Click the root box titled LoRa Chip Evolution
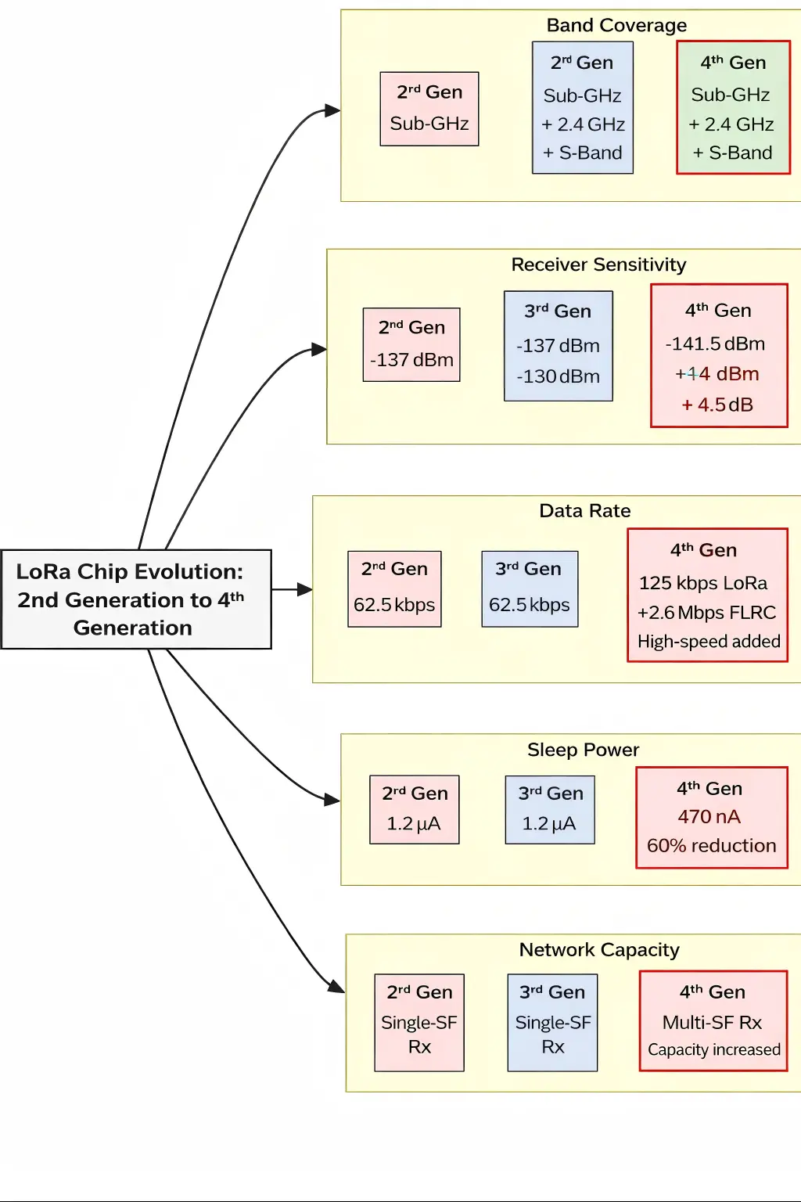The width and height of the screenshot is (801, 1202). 136,599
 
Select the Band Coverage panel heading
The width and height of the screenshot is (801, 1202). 616,26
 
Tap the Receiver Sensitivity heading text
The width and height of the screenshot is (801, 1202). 598,265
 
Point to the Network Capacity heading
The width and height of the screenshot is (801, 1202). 599,950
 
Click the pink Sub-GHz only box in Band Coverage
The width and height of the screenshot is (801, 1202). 429,109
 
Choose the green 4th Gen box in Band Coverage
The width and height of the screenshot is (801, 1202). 733,107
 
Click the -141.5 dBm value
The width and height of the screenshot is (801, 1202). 715,344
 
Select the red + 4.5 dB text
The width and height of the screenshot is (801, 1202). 717,405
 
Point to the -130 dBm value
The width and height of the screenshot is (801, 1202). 558,376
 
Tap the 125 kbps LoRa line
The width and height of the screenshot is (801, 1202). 703,583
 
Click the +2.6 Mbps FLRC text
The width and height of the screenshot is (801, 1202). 706,613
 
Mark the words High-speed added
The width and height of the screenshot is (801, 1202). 709,642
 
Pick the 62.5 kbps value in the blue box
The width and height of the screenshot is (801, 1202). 530,605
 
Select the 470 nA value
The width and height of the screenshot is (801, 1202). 709,817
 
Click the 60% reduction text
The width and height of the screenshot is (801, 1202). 711,846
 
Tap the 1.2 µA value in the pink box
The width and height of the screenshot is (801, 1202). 414,823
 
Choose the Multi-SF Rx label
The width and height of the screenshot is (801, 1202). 712,1023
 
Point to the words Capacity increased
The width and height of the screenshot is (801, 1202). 713,1050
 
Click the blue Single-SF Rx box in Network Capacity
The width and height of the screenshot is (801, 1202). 552,1022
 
